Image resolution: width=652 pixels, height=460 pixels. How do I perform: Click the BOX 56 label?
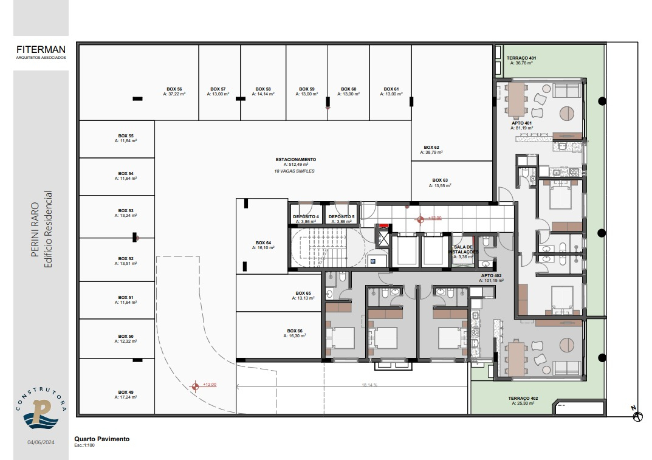click(174, 89)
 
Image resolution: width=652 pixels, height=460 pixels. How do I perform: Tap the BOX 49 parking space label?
click(126, 392)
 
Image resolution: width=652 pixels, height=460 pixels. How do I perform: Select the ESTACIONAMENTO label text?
click(296, 159)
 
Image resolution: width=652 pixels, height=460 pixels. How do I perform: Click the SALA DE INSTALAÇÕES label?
click(463, 250)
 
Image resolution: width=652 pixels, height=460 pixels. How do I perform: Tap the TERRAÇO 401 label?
click(521, 58)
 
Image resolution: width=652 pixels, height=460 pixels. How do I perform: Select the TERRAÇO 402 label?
click(523, 399)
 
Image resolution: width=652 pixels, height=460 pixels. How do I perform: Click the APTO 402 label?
click(491, 276)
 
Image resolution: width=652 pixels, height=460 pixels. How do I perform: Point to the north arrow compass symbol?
click(637, 415)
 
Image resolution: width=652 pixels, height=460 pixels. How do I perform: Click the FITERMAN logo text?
click(41, 49)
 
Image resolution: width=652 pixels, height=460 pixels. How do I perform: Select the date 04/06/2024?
click(41, 442)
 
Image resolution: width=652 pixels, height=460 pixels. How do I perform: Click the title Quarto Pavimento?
click(102, 439)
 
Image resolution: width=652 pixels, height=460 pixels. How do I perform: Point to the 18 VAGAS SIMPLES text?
click(294, 171)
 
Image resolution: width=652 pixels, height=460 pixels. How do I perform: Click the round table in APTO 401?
click(566, 113)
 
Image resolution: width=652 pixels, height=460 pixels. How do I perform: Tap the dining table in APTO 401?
click(516, 99)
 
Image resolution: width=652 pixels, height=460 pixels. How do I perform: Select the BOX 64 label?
click(263, 243)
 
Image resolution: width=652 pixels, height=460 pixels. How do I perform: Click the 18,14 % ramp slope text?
click(369, 385)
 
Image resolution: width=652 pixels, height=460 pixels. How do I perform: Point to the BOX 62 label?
click(431, 147)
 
